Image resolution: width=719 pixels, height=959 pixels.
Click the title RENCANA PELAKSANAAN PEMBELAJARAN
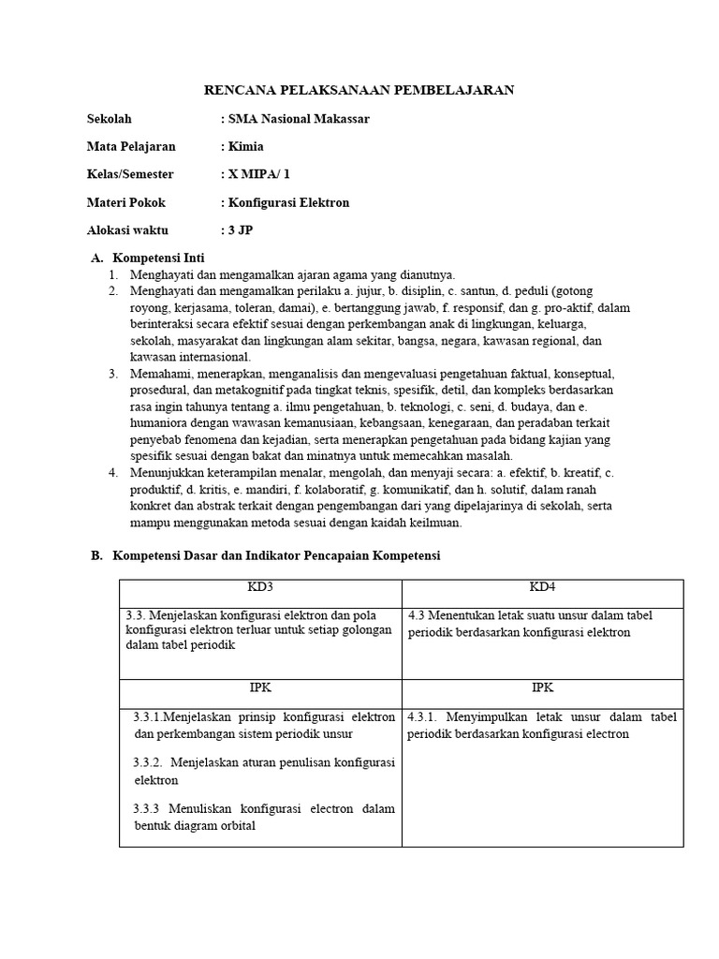click(x=359, y=90)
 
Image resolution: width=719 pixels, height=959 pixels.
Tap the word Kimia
click(x=245, y=146)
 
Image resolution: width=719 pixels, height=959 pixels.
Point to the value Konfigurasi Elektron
click(x=287, y=202)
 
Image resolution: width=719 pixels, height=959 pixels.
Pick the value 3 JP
click(x=241, y=230)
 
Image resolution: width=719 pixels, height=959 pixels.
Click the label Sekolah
click(x=110, y=119)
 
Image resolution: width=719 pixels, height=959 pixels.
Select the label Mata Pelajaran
click(x=131, y=146)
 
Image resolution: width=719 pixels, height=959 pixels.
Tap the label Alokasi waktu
click(x=128, y=230)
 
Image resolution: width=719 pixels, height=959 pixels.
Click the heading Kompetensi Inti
click(x=158, y=258)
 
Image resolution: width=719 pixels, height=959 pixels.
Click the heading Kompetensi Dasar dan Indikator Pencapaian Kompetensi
click(x=276, y=555)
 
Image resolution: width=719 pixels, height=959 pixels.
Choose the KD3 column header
click(x=260, y=586)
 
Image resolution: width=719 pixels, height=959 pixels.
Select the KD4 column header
click(x=543, y=586)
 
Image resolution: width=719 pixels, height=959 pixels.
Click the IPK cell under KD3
click(x=260, y=686)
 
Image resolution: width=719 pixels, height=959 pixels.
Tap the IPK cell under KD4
click(x=543, y=686)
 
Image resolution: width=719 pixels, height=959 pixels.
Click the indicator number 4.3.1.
click(x=426, y=716)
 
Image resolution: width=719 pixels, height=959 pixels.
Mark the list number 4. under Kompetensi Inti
click(x=112, y=473)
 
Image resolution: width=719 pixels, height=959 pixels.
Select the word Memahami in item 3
click(x=159, y=374)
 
